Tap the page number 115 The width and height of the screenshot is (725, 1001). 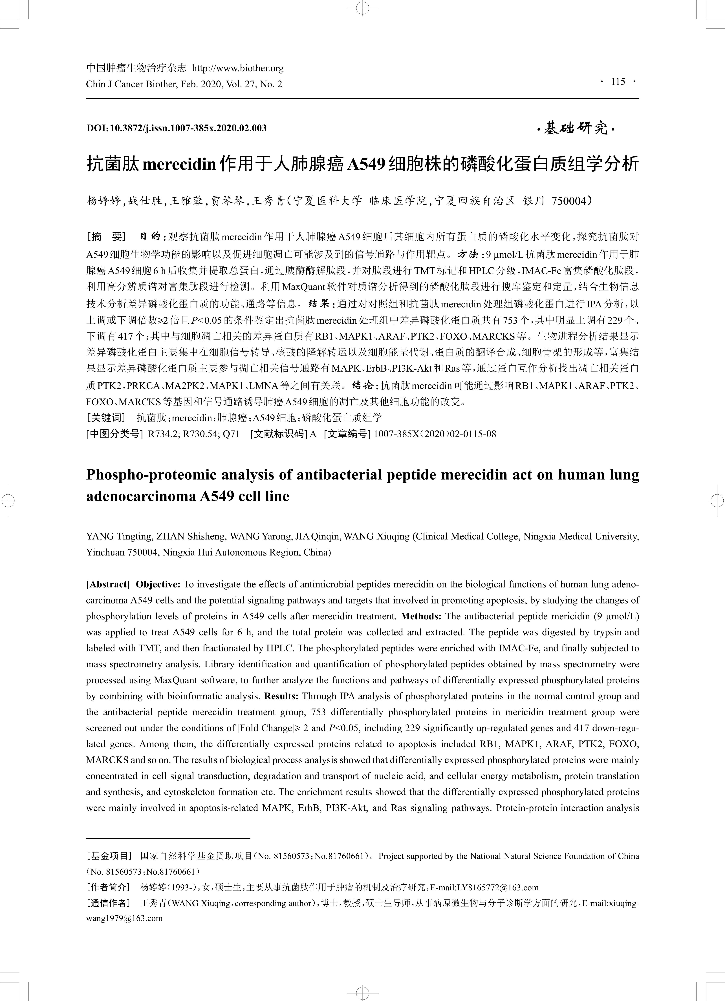tap(618, 82)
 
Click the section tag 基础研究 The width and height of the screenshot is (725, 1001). tap(576, 129)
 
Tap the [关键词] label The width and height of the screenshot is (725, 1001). tap(106, 418)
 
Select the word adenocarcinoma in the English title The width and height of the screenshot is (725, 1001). tap(140, 496)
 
